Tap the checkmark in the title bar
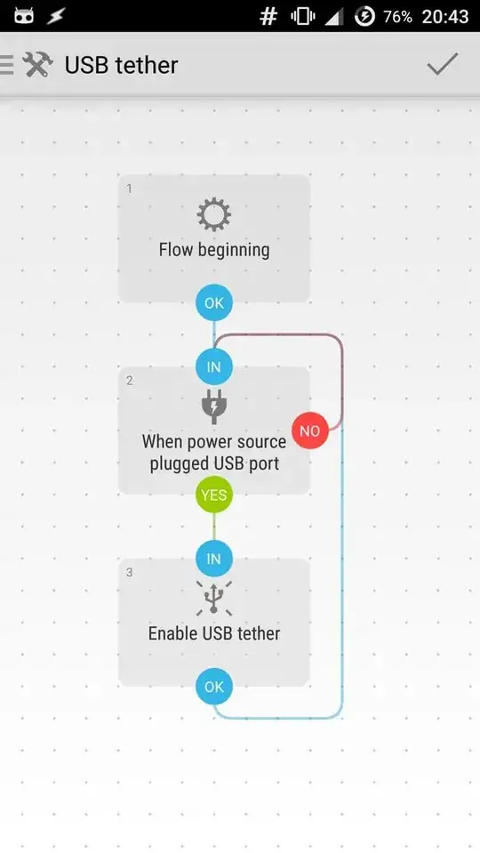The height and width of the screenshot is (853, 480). click(x=442, y=64)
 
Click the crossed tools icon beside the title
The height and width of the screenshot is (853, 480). click(x=38, y=65)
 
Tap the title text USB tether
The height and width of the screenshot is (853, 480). click(x=121, y=65)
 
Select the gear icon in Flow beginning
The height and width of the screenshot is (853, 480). click(x=214, y=214)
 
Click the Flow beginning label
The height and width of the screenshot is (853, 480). click(x=214, y=250)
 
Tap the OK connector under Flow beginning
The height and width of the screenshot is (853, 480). click(x=214, y=302)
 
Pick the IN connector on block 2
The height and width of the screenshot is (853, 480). click(x=214, y=366)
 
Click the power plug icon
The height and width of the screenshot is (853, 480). click(x=214, y=406)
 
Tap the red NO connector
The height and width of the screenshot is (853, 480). click(x=309, y=431)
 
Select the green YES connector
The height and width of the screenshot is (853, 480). click(x=214, y=495)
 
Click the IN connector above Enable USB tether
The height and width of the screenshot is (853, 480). click(x=214, y=559)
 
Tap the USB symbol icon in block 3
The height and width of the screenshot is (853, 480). click(x=214, y=598)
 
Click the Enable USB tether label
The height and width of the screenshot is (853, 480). click(x=214, y=633)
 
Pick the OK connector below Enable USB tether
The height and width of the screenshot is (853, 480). click(x=214, y=687)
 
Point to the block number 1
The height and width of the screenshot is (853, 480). click(x=130, y=189)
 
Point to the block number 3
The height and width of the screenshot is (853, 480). click(x=130, y=572)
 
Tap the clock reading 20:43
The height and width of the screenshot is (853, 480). click(x=446, y=17)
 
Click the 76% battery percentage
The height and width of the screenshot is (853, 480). click(x=397, y=17)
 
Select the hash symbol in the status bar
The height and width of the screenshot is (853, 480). click(x=268, y=17)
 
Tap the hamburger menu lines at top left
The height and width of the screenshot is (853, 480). click(x=6, y=65)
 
